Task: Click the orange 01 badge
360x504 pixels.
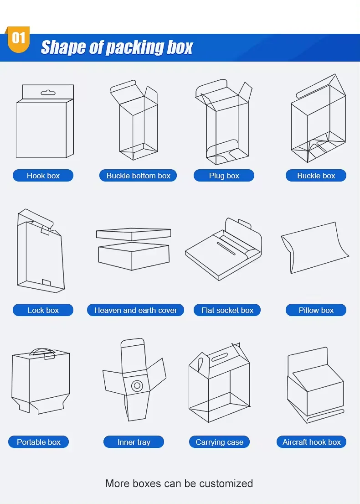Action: [x=18, y=39]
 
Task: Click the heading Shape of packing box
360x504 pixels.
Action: [x=117, y=47]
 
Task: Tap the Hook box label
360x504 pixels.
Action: [x=43, y=176]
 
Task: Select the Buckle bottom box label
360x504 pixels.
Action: [x=138, y=176]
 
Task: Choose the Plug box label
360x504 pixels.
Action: [x=224, y=176]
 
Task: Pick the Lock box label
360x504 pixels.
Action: [x=43, y=310]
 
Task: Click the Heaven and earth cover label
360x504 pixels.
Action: [x=135, y=310]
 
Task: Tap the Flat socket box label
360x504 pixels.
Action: [x=227, y=310]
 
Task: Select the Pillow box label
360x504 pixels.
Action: [x=316, y=310]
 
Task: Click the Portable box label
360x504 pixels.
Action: [x=39, y=442]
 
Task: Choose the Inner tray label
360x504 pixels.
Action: [x=134, y=442]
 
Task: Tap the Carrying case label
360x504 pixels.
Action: [x=219, y=442]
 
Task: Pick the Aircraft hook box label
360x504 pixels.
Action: [x=312, y=442]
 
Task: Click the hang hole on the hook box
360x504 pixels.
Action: [x=48, y=93]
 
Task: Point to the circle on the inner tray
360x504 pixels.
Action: [x=137, y=386]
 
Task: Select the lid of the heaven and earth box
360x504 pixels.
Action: [x=134, y=234]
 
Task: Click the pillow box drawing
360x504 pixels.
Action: [x=315, y=248]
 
